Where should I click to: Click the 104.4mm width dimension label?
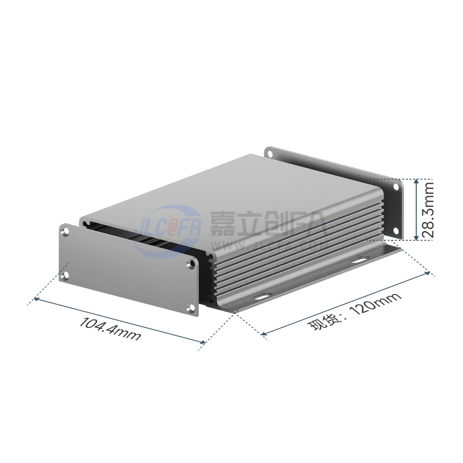click(110, 329)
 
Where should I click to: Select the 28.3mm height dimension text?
click(427, 206)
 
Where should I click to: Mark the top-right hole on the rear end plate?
click(396, 187)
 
